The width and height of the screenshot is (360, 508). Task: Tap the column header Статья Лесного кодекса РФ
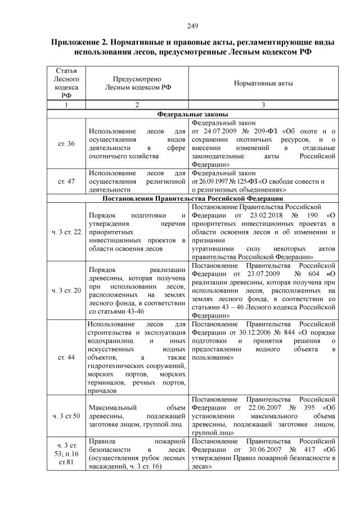[x=66, y=83]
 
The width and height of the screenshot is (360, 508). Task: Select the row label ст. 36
[x=66, y=143]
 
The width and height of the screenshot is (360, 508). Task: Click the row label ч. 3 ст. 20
[x=66, y=291]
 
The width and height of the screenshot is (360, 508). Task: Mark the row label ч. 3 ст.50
[x=66, y=415]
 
